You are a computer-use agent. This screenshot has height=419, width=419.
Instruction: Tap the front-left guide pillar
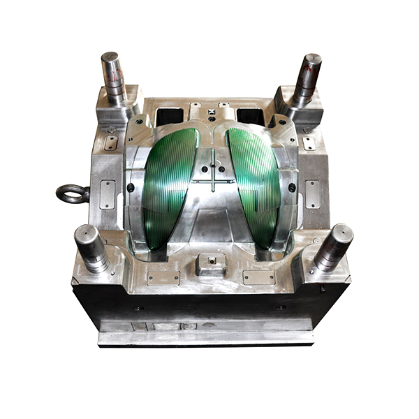(92, 248)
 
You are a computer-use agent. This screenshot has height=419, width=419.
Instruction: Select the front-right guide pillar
(332, 247)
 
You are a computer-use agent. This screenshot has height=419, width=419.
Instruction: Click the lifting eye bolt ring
(71, 193)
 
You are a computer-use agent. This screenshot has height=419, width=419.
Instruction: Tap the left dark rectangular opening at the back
(171, 115)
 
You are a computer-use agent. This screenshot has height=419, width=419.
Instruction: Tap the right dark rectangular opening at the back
(249, 115)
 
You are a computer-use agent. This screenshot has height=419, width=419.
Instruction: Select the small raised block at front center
(209, 263)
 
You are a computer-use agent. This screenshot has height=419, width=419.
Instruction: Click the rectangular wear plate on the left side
(108, 195)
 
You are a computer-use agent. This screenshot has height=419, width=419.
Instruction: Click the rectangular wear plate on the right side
(312, 194)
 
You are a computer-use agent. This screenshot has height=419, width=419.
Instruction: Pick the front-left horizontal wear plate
(162, 277)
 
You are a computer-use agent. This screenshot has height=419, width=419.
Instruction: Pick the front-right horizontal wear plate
(259, 277)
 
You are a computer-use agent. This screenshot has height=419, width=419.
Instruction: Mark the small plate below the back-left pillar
(111, 143)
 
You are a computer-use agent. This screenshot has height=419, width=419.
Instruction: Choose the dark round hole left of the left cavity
(131, 188)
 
